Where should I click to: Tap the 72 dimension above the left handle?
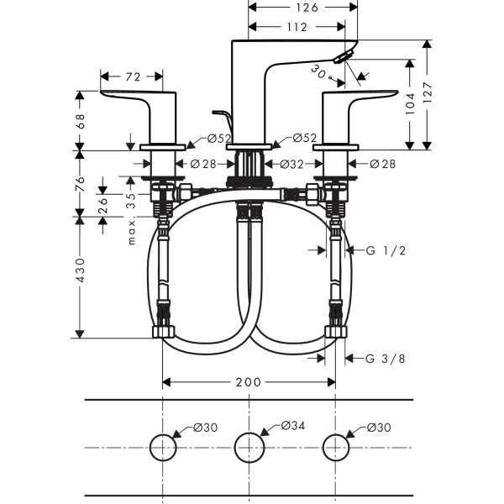[x=133, y=76]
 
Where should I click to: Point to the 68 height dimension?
[x=81, y=121]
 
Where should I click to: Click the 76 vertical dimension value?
[x=81, y=183]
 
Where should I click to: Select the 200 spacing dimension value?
[x=249, y=382]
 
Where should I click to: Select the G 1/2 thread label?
[x=386, y=251]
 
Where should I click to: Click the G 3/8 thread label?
[x=386, y=359]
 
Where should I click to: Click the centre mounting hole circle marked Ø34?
[x=249, y=446]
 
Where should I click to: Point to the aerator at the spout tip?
[x=341, y=57]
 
